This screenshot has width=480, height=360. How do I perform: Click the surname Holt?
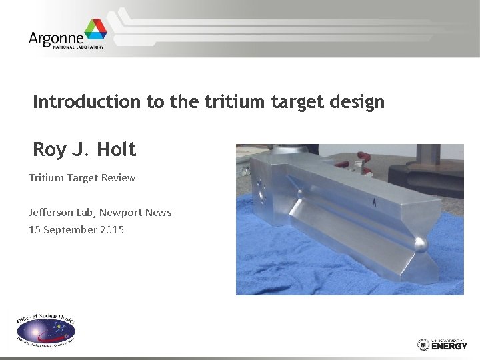pyautogui.click(x=116, y=150)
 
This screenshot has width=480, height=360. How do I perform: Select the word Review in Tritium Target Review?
pyautogui.click(x=117, y=178)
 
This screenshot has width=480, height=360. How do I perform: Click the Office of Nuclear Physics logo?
pyautogui.click(x=46, y=329)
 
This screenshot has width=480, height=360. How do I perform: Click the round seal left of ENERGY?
pyautogui.click(x=423, y=344)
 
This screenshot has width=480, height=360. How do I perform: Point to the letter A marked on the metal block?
pyautogui.click(x=375, y=202)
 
